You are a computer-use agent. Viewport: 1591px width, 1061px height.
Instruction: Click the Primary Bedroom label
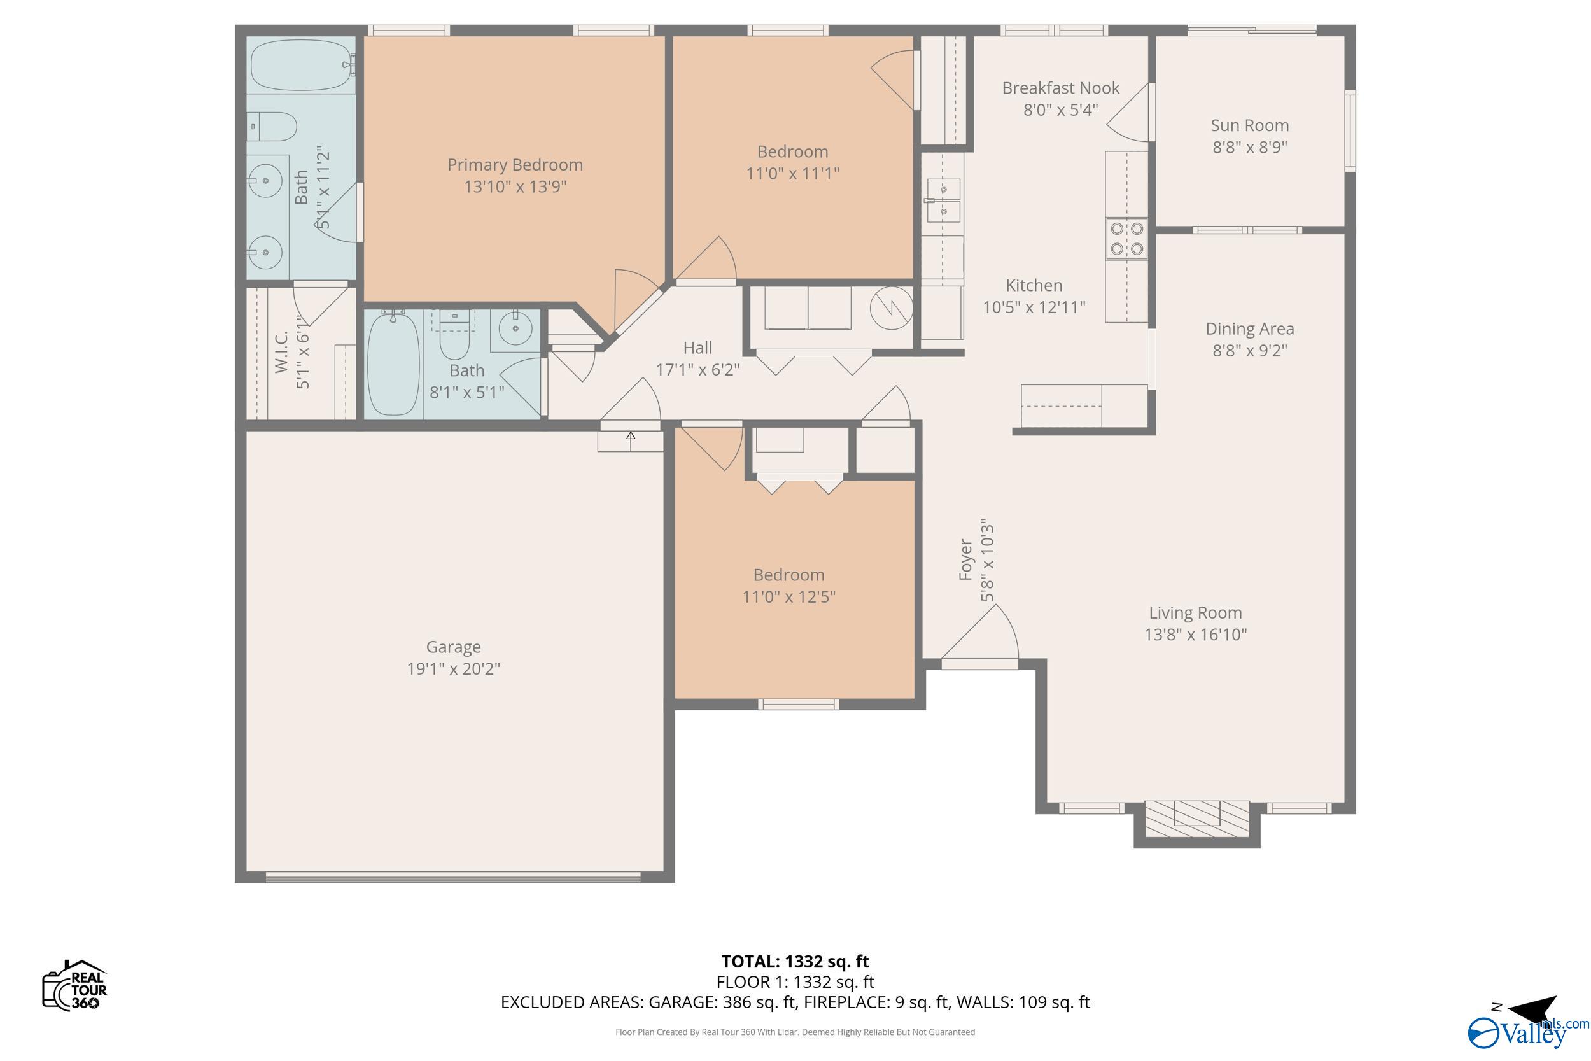[x=515, y=164]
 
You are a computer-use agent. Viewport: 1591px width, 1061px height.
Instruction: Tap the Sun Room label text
[x=1249, y=125]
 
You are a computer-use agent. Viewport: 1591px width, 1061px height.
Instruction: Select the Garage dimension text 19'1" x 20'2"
[x=453, y=668]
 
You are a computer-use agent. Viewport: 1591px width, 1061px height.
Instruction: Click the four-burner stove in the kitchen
[x=1126, y=239]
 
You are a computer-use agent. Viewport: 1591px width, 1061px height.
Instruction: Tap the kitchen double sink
[x=943, y=200]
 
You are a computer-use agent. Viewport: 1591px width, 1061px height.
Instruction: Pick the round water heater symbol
[x=892, y=309]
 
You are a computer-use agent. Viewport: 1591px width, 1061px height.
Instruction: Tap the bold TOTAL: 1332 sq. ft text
[x=795, y=961]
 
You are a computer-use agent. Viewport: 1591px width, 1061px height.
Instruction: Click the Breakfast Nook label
[x=1060, y=88]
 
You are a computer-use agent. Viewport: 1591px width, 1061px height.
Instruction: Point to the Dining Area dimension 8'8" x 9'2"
[x=1249, y=351]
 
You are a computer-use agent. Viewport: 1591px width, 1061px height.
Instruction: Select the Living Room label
[x=1195, y=612]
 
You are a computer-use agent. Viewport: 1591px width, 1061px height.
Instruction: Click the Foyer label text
[x=965, y=559]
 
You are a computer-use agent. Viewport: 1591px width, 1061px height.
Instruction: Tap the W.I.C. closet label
[x=281, y=352]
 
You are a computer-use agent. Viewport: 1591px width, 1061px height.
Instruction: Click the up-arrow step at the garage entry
[x=631, y=441]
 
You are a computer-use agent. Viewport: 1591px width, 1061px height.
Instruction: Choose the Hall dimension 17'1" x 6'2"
[x=697, y=369]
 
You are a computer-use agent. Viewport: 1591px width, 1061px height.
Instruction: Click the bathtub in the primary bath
[x=302, y=65]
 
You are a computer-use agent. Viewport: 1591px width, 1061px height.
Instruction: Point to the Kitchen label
[x=1034, y=285]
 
